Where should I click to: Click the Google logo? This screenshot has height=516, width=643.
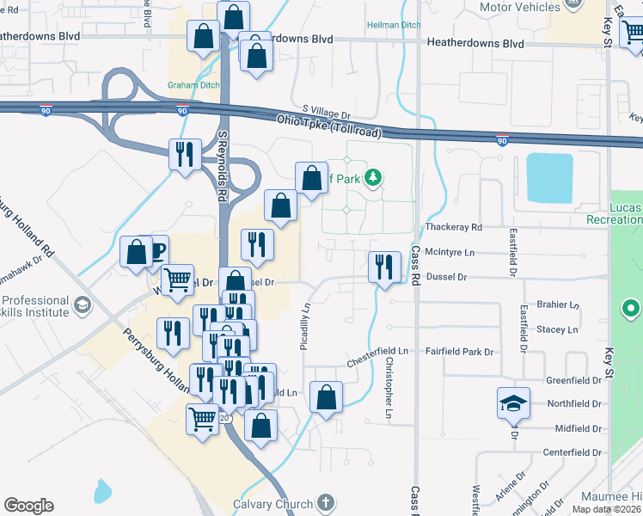click(x=28, y=506)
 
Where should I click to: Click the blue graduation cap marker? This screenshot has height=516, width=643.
click(x=513, y=403)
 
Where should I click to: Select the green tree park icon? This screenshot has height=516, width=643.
click(x=372, y=178)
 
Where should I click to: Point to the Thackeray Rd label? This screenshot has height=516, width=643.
click(x=454, y=227)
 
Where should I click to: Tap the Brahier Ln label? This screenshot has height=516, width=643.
click(x=557, y=304)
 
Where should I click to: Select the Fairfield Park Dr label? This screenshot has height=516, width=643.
click(x=460, y=352)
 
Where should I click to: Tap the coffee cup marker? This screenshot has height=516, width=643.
click(x=157, y=251)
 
